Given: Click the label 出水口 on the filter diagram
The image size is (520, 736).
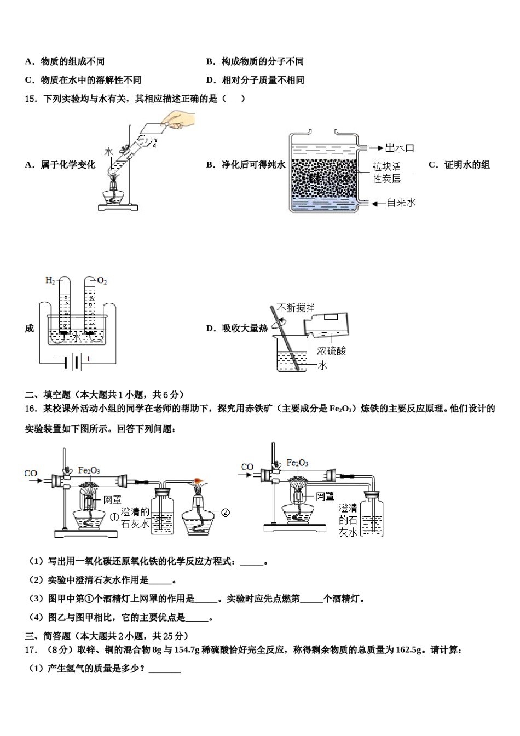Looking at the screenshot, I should (x=400, y=148).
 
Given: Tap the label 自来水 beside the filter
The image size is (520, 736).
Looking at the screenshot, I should (x=401, y=203).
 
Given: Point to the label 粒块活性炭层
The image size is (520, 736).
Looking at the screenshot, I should (x=386, y=172).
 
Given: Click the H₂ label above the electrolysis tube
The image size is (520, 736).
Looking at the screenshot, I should (x=50, y=280).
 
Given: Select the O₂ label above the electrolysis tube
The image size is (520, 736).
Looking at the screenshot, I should (x=102, y=281).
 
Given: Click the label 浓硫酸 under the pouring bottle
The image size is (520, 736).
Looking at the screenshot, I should (x=331, y=351).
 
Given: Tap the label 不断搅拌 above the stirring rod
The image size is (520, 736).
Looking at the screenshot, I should (x=296, y=308).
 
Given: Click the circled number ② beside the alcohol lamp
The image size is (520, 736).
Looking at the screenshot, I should (x=225, y=513).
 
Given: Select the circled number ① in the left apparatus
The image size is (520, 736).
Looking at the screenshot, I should (x=114, y=517).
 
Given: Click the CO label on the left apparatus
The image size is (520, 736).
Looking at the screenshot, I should (x=31, y=473).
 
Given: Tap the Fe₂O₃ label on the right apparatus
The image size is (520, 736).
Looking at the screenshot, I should (x=297, y=463).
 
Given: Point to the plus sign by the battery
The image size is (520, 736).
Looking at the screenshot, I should (x=88, y=359).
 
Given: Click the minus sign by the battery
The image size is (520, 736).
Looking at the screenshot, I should (x=56, y=359).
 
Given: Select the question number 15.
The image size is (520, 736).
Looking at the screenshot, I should (x=31, y=99).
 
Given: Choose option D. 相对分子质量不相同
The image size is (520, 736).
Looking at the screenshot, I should (x=255, y=80).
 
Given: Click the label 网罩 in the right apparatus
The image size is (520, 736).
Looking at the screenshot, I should (x=325, y=496).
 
